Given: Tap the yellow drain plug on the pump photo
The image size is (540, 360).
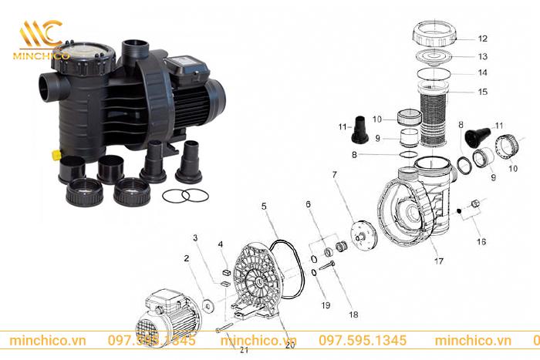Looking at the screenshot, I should [x=56, y=154].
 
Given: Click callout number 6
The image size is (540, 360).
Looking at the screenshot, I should [x=308, y=204].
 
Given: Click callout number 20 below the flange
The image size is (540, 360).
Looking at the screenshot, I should [x=290, y=346].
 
